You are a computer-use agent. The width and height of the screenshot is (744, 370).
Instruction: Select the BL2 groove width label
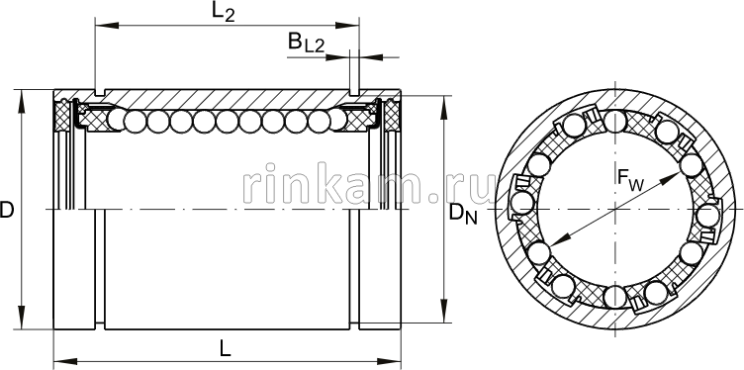coord(303,43)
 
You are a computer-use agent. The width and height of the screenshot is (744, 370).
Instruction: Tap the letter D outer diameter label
coord(8,210)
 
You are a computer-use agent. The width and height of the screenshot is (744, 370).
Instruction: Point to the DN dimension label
coord(462,213)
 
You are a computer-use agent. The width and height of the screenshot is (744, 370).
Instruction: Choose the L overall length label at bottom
coord(226,348)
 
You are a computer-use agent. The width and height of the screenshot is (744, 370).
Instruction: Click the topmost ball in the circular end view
coord(615,122)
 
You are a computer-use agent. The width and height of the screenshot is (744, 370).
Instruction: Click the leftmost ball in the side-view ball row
coord(117,122)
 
